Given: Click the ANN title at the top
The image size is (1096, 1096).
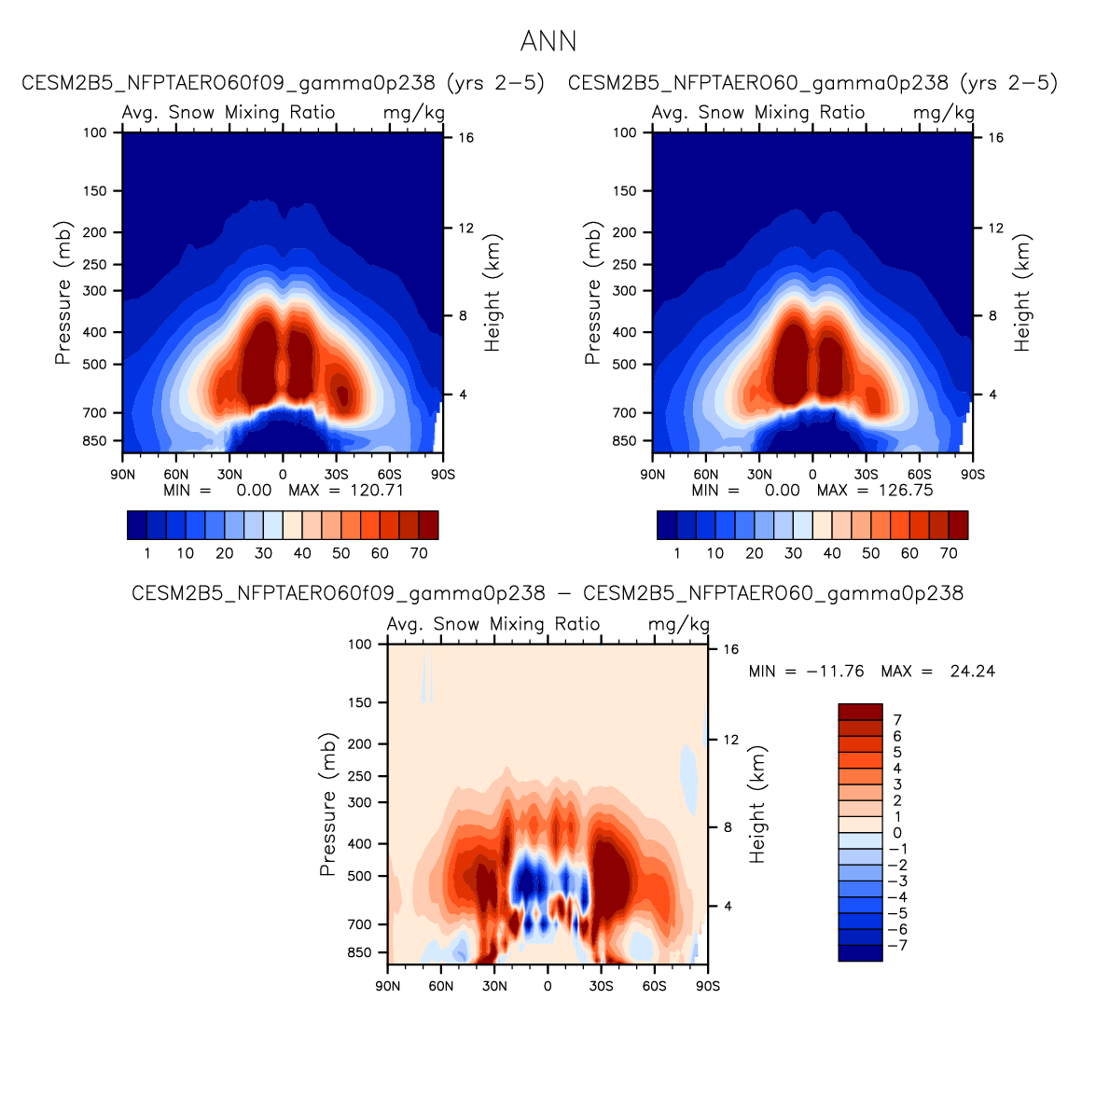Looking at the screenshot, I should pos(548,42).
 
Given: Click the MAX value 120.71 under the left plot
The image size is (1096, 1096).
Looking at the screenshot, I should pos(376,491).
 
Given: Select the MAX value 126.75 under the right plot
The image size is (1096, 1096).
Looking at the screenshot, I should pos(906,491).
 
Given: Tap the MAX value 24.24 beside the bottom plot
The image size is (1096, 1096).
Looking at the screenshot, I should pos(972,672).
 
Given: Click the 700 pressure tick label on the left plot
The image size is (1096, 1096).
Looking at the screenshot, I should pos(96,412).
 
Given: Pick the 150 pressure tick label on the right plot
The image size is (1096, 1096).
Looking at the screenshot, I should pos(626,191).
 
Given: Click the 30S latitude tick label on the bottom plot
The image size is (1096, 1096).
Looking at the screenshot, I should pos(601,986).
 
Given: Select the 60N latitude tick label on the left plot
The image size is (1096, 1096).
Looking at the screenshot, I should pos(176,475).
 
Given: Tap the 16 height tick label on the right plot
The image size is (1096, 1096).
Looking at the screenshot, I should pos(996,138).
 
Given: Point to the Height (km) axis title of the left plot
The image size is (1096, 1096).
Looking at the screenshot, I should pos(493,293).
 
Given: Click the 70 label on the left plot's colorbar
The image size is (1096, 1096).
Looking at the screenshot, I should pos(419,553).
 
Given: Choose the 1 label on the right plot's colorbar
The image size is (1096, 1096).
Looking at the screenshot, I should pos(677,553).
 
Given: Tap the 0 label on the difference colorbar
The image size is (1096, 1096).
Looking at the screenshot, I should pos(897,833).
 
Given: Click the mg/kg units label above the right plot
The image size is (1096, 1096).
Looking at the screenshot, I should pos(943,113).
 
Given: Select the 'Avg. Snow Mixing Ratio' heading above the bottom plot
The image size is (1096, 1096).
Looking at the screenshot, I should pos(493,624).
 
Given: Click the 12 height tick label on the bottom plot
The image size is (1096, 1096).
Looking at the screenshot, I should pos(731,740).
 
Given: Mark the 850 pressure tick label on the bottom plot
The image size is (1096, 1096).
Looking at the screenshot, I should pos(361,952).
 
